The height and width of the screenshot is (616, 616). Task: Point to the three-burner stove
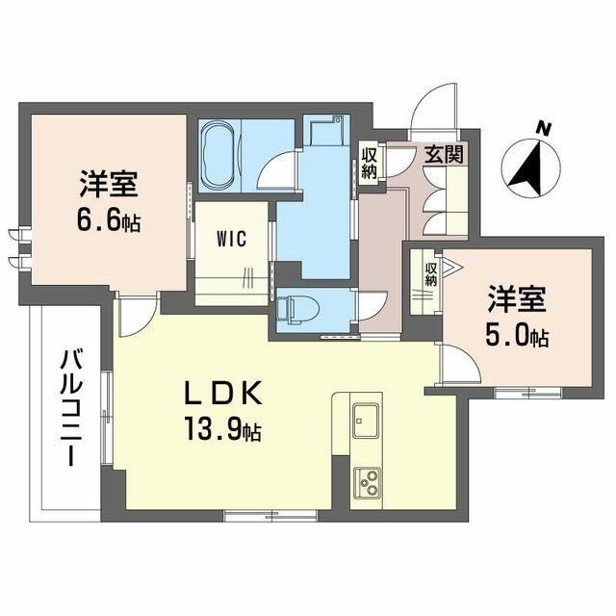click(x=366, y=480)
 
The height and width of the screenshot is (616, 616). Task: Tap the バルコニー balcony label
click(x=70, y=408)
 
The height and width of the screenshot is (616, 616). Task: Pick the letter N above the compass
click(x=544, y=128)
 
